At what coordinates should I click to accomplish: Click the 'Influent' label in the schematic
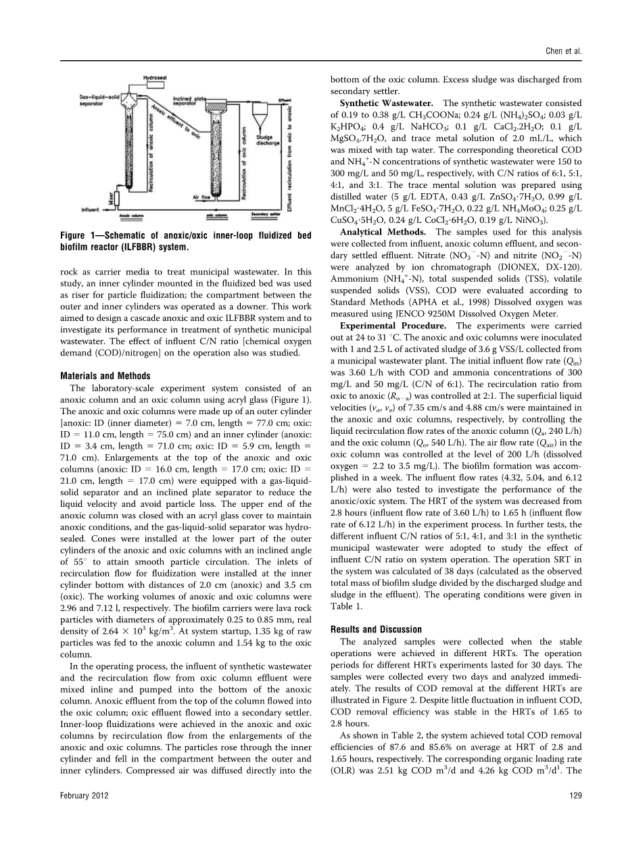click(x=90, y=210)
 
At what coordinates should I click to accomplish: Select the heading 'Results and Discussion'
click(x=381, y=629)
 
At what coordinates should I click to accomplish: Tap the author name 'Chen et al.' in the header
click(x=565, y=51)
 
